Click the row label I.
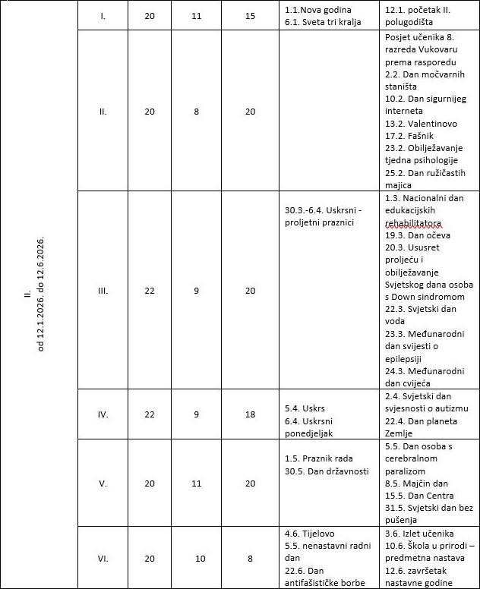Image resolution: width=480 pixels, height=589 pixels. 103,15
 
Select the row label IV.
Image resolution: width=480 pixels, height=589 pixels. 103,414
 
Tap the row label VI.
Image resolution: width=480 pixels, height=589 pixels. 103,558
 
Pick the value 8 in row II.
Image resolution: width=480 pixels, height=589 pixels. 196,112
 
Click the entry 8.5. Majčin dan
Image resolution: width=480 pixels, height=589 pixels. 416,483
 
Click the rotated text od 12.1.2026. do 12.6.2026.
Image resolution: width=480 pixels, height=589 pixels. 41,294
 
